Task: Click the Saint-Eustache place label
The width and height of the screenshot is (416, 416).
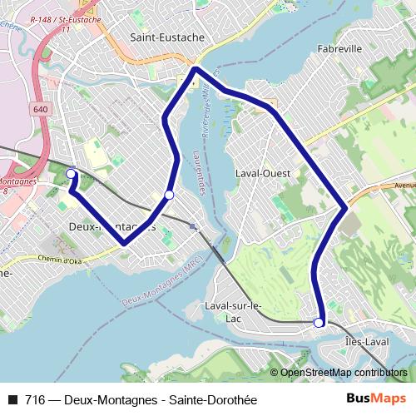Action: tap(162, 37)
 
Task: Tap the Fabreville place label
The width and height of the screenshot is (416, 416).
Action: tap(339, 49)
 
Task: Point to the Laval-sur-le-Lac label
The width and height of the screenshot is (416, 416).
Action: tap(233, 311)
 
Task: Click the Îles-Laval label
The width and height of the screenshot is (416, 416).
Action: tap(366, 342)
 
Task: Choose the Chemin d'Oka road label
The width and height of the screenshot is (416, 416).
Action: tap(63, 259)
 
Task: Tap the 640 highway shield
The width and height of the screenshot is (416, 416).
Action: tap(42, 109)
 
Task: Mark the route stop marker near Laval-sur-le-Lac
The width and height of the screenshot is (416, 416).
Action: tap(319, 322)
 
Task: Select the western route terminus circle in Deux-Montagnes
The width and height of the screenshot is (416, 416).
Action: tap(71, 174)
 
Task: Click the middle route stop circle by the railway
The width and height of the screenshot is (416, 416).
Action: tap(169, 195)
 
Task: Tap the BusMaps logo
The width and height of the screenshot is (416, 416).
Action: tap(375, 399)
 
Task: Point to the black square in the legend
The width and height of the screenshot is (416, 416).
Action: tap(12, 400)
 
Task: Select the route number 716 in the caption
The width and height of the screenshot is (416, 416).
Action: tap(35, 400)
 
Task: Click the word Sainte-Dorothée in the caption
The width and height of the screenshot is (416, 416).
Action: tap(212, 400)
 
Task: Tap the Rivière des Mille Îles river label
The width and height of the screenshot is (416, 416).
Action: tap(204, 108)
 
